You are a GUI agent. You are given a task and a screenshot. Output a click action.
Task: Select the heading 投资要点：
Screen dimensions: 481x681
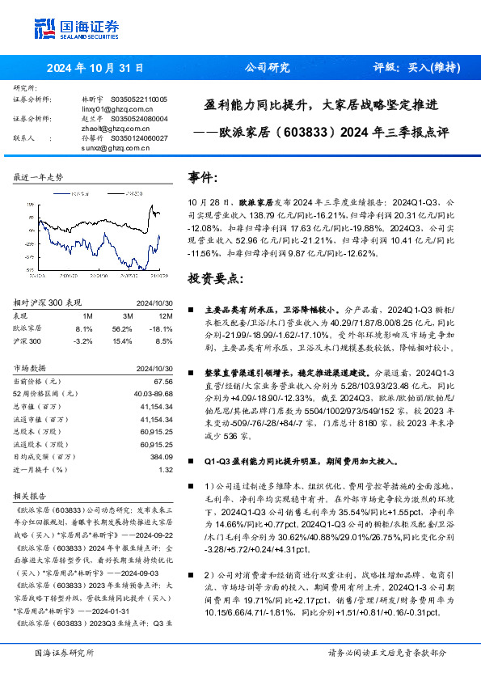click(x=213, y=279)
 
